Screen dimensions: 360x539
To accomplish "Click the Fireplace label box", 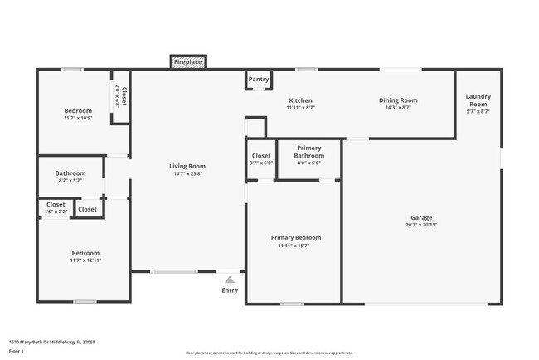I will (x=188, y=62).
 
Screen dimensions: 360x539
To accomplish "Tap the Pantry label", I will (x=259, y=80).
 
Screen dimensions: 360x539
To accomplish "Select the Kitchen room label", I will (x=300, y=100).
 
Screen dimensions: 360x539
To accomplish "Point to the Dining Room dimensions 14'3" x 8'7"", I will (x=398, y=107).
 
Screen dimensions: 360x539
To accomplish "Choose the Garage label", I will (x=422, y=218).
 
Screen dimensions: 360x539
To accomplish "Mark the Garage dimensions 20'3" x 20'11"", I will (x=422, y=225).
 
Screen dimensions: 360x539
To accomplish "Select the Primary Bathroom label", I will (x=309, y=152).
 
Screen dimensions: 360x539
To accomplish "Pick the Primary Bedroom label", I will (x=296, y=237).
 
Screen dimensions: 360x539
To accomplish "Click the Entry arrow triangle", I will (x=230, y=280).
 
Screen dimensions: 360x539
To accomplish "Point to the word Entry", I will (x=230, y=290).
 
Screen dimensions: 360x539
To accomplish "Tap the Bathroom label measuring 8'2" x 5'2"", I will (x=70, y=173).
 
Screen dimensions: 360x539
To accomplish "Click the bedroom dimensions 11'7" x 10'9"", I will (x=78, y=118).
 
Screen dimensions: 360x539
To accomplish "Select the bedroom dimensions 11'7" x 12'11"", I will (x=85, y=260).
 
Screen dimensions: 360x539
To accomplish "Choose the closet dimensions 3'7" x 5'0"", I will (x=261, y=163).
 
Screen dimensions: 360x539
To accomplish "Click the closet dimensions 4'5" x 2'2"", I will (x=56, y=212).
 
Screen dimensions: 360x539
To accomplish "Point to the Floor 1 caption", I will (x=16, y=352).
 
